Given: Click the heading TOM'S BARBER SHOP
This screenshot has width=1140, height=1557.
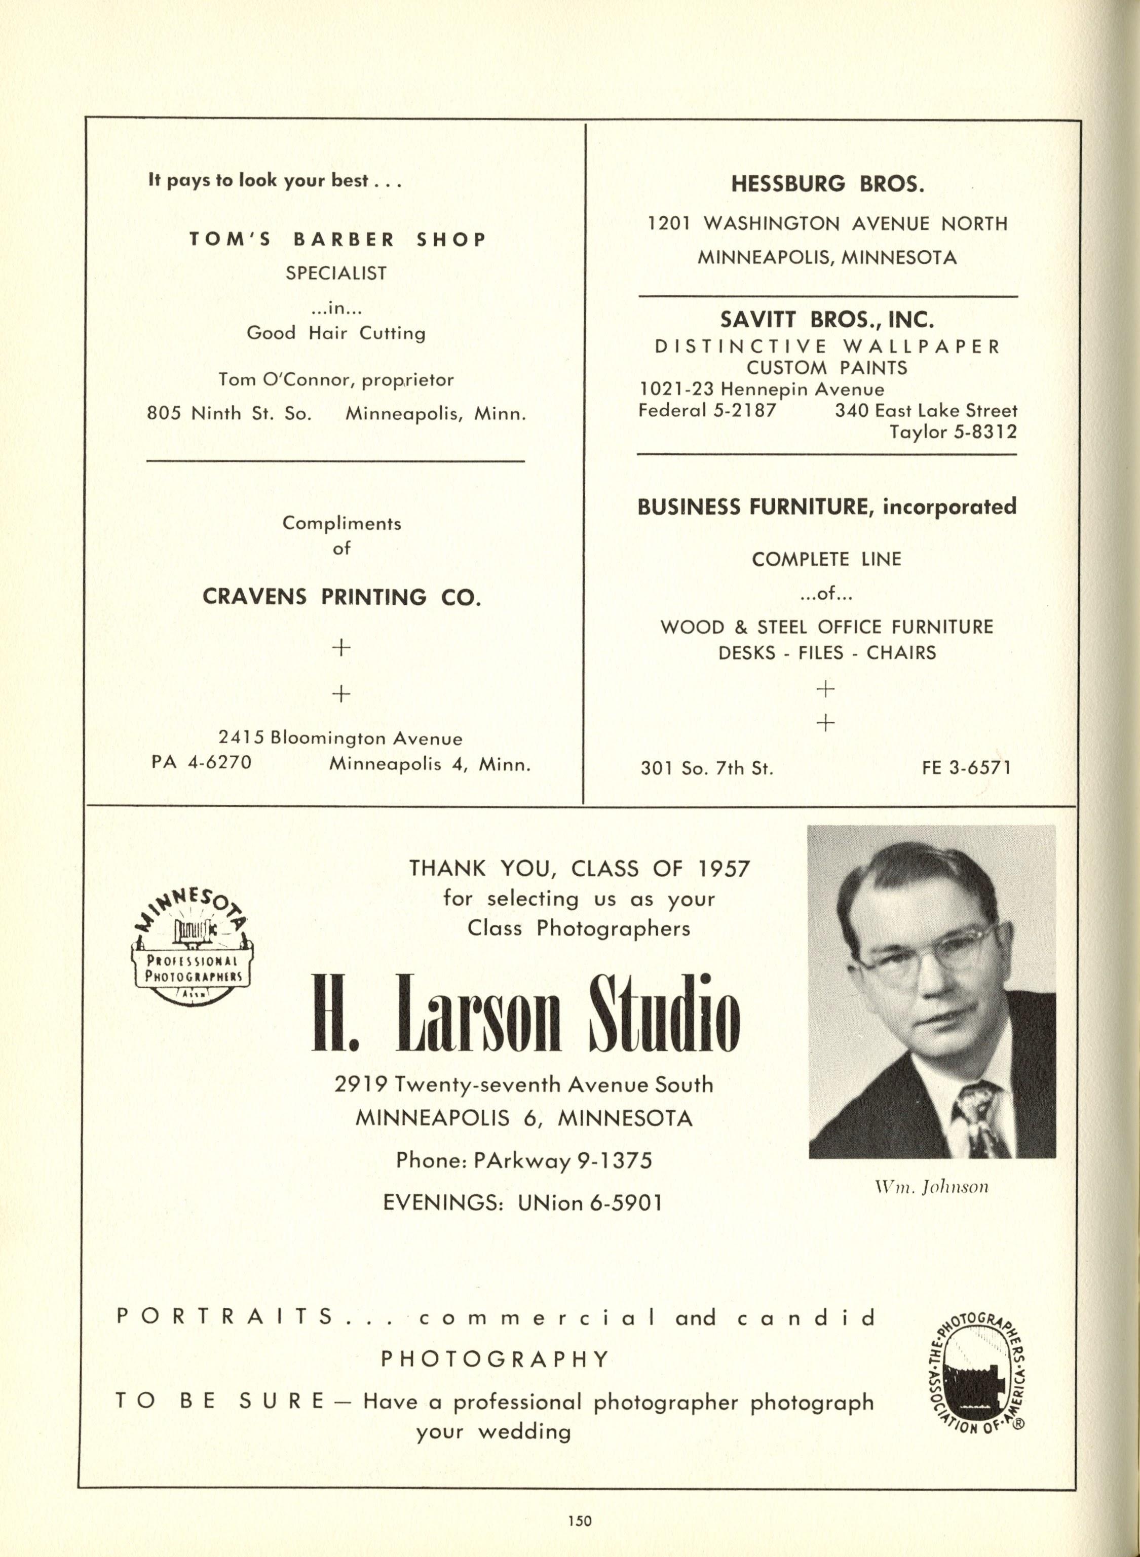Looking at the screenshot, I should [338, 240].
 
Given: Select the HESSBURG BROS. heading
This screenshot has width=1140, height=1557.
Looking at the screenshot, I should [827, 184].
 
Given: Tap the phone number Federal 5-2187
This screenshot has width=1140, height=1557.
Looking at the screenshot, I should [707, 410].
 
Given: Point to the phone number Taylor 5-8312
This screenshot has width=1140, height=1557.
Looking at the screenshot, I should [953, 433].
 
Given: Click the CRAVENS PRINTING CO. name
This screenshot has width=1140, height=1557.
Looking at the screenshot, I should [341, 597].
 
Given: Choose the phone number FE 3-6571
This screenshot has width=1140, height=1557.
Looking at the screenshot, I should [967, 768].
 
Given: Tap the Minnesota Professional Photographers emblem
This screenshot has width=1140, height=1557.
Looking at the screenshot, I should [192, 947].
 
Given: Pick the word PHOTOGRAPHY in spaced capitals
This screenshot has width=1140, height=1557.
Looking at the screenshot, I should [496, 1359].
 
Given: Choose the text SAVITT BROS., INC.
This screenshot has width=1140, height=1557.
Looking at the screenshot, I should [827, 320].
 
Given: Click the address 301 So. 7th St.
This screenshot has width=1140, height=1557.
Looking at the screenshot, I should [707, 768].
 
